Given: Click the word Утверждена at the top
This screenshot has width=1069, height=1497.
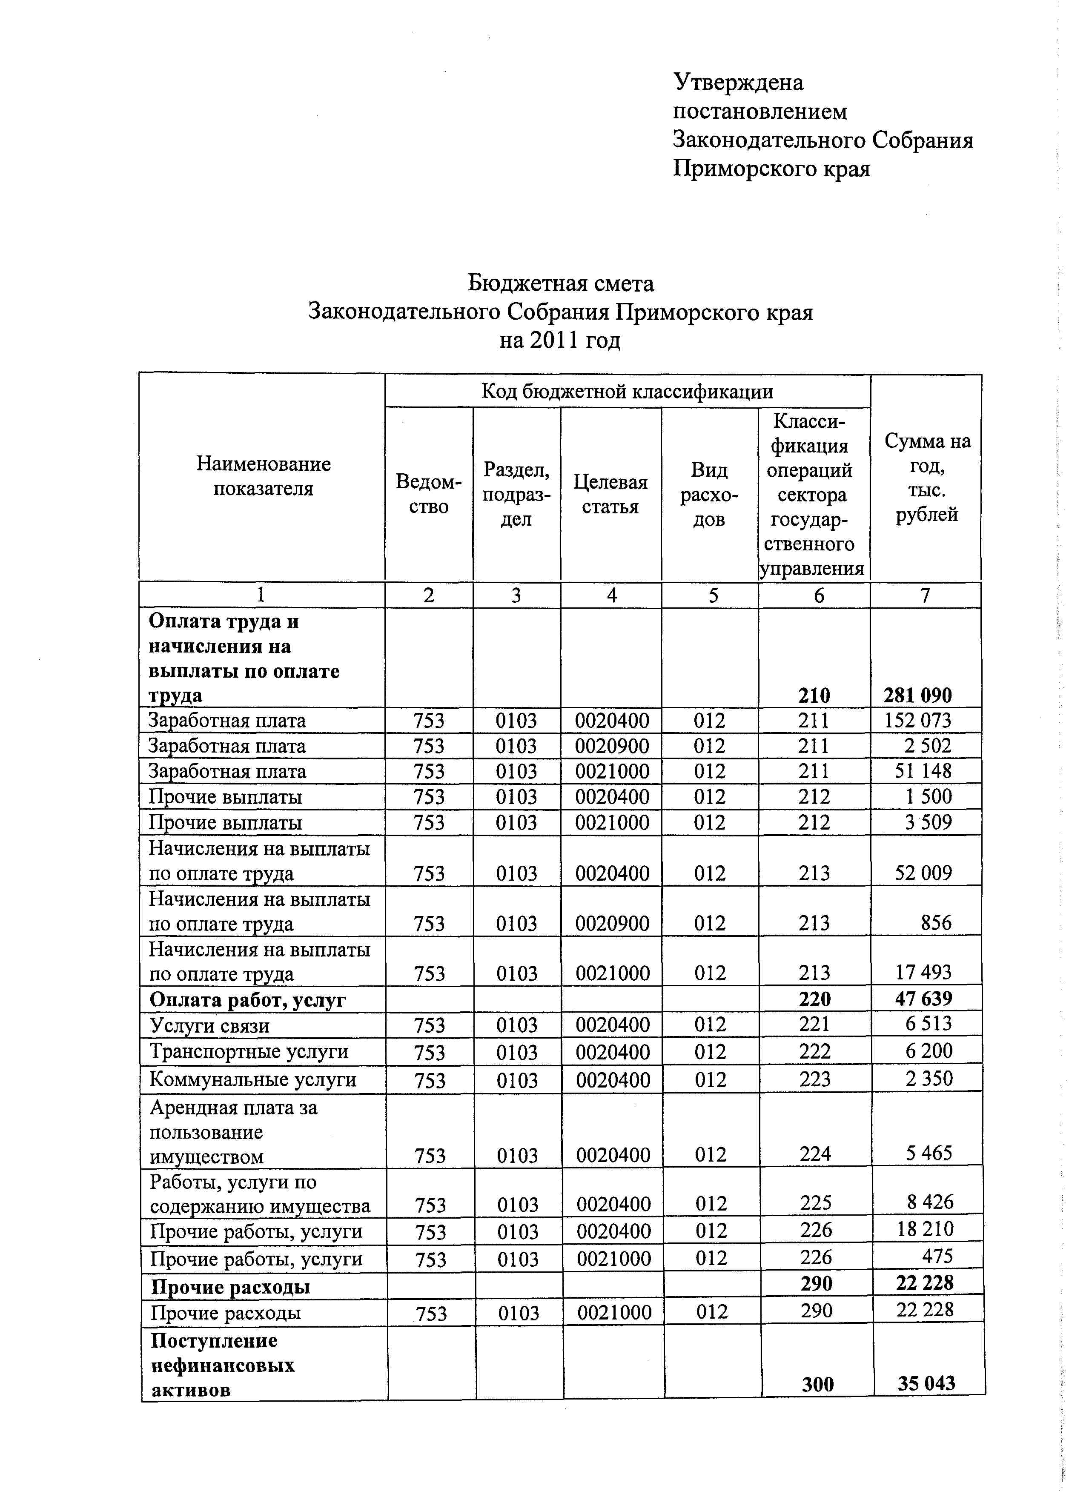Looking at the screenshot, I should coord(738,83).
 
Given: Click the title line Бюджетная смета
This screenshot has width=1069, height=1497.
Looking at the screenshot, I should coord(561,283).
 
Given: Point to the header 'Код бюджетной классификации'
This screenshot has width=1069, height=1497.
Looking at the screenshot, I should coord(627,392).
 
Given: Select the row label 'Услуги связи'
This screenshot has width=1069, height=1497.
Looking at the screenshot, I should coord(209,1026).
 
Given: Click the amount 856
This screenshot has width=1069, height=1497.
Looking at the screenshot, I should coord(936,923).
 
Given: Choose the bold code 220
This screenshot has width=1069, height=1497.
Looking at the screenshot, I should coord(815,999).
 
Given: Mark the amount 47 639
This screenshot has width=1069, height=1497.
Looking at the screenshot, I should coord(923,999).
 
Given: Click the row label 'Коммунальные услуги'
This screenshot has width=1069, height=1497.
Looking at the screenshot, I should coord(253,1080).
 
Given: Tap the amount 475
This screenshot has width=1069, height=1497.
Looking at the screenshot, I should coord(937,1257).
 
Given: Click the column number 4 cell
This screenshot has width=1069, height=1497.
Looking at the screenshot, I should coord(611,595).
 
